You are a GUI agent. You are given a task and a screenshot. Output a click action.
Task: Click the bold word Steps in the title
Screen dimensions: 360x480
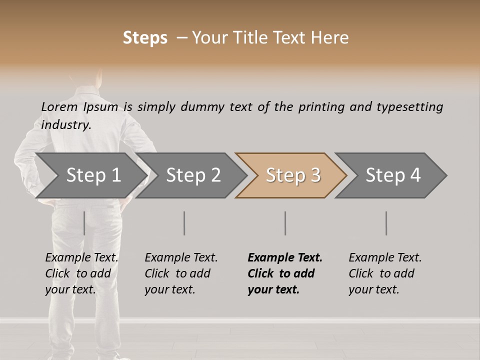click(145, 38)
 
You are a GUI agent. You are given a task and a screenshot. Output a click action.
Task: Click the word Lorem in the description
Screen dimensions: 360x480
click(59, 107)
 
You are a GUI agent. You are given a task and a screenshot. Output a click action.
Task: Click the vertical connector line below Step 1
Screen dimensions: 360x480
click(84, 223)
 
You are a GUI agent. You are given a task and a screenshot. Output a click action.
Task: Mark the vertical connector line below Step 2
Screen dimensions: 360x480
click(184, 223)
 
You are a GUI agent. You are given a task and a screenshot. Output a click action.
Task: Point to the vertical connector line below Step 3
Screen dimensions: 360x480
click(285, 223)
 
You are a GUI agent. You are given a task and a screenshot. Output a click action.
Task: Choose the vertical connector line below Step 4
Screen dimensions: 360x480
click(386, 223)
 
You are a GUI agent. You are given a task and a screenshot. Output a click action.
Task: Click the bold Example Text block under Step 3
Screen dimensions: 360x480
click(285, 273)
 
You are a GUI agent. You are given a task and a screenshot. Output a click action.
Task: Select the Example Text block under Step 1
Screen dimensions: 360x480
click(81, 273)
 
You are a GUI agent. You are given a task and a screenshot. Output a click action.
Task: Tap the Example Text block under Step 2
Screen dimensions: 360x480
click(181, 273)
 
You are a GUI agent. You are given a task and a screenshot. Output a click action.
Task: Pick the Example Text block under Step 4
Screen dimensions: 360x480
click(385, 273)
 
